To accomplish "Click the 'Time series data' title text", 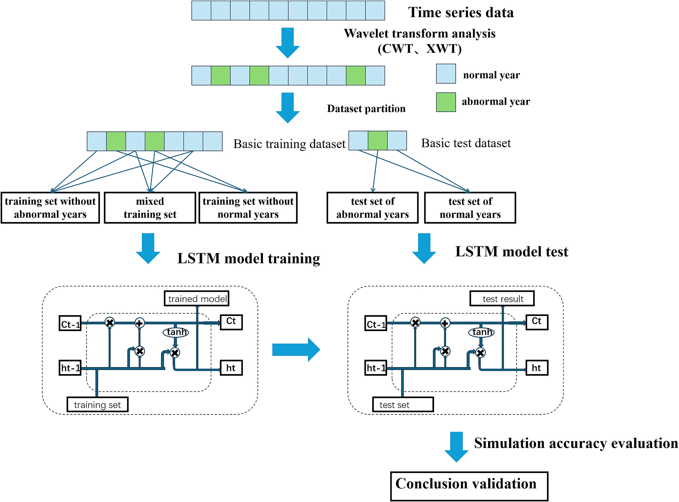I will click(x=461, y=13).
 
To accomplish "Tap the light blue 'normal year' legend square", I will click(x=446, y=74).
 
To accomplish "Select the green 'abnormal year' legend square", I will click(x=446, y=102).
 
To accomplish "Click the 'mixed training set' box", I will click(x=150, y=208).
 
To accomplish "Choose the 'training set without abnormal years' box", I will click(x=50, y=208).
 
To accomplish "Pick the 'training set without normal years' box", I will click(x=248, y=208).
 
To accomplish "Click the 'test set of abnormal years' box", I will click(x=373, y=208).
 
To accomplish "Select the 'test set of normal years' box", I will click(x=470, y=208).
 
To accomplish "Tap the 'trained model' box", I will click(x=197, y=299).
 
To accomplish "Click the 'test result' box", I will click(x=502, y=299).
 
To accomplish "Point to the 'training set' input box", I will click(x=98, y=404).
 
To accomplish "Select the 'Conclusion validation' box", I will click(x=469, y=486).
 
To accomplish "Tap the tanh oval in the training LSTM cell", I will click(x=176, y=332).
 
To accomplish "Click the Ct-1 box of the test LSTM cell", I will click(x=376, y=324).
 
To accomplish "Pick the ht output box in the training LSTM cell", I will click(x=231, y=368).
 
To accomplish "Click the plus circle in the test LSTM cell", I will click(x=445, y=323).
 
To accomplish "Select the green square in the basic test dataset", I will click(x=378, y=141).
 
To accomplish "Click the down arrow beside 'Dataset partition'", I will click(x=288, y=107).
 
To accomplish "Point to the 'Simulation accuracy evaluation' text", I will click(x=576, y=443).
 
